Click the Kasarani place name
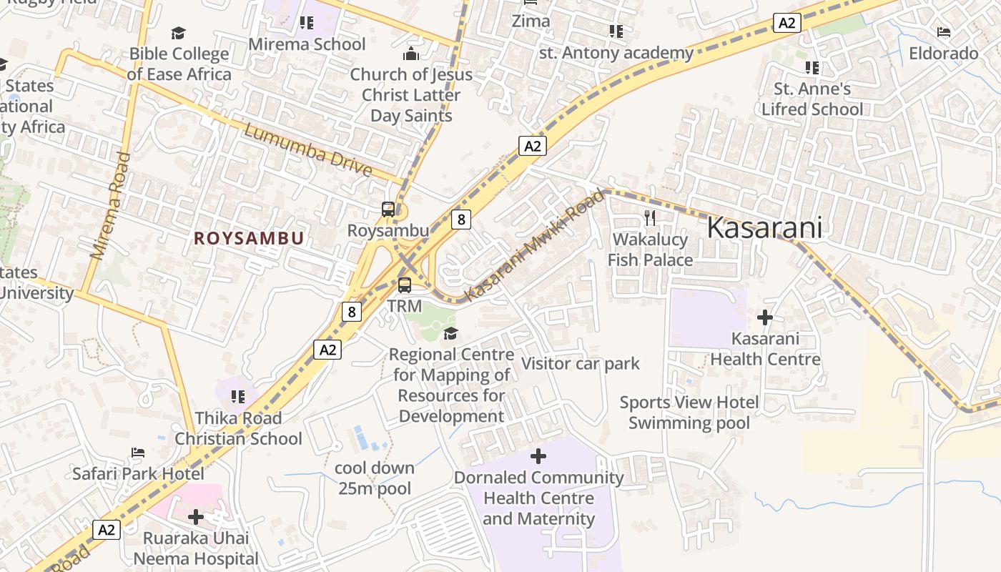[764, 227]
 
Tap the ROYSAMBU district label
[249, 239]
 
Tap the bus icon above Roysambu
[388, 209]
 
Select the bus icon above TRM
[405, 285]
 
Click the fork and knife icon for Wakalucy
[650, 217]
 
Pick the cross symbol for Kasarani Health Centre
[765, 317]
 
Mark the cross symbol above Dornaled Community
[538, 455]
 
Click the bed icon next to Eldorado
[944, 32]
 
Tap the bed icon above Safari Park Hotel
[138, 453]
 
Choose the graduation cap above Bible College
[178, 33]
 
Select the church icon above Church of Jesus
[411, 54]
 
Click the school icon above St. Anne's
[812, 68]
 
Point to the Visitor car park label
[581, 363]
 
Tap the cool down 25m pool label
[375, 478]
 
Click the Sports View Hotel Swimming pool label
[689, 413]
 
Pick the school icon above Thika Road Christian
[238, 396]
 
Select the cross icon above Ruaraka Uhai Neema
[196, 516]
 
